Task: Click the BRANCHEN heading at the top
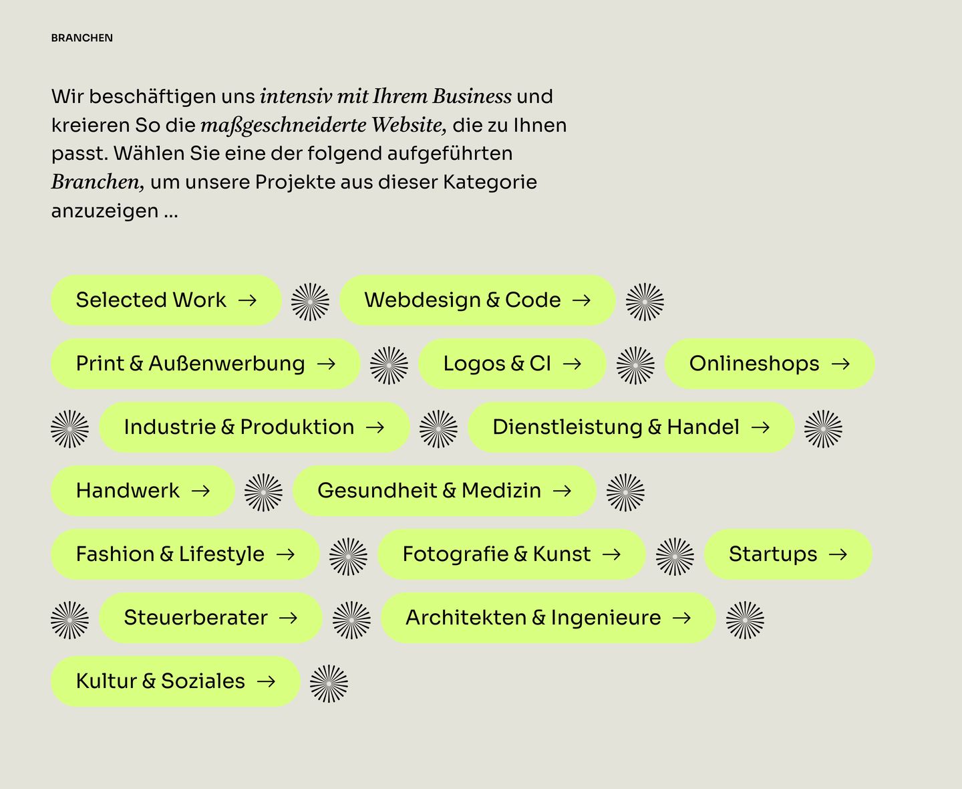pyautogui.click(x=82, y=38)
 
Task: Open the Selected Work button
pyautogui.click(x=166, y=300)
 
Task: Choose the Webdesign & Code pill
pyautogui.click(x=478, y=300)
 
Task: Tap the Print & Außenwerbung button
pyautogui.click(x=206, y=364)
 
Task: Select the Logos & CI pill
pyautogui.click(x=512, y=364)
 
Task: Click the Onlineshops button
pyautogui.click(x=770, y=364)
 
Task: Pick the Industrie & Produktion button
pyautogui.click(x=255, y=427)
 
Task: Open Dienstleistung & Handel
pyautogui.click(x=631, y=427)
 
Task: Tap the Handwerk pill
pyautogui.click(x=143, y=491)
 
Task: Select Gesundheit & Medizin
pyautogui.click(x=444, y=491)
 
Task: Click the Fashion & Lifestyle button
pyautogui.click(x=185, y=554)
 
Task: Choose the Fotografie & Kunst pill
pyautogui.click(x=512, y=554)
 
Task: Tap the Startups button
pyautogui.click(x=788, y=554)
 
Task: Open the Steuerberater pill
pyautogui.click(x=210, y=618)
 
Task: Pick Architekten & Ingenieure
pyautogui.click(x=548, y=618)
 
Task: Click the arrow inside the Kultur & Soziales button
pyautogui.click(x=266, y=682)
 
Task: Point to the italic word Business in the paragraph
pyautogui.click(x=472, y=96)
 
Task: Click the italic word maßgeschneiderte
pyautogui.click(x=283, y=125)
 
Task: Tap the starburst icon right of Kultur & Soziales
pyautogui.click(x=329, y=683)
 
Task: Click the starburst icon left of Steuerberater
pyautogui.click(x=69, y=620)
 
